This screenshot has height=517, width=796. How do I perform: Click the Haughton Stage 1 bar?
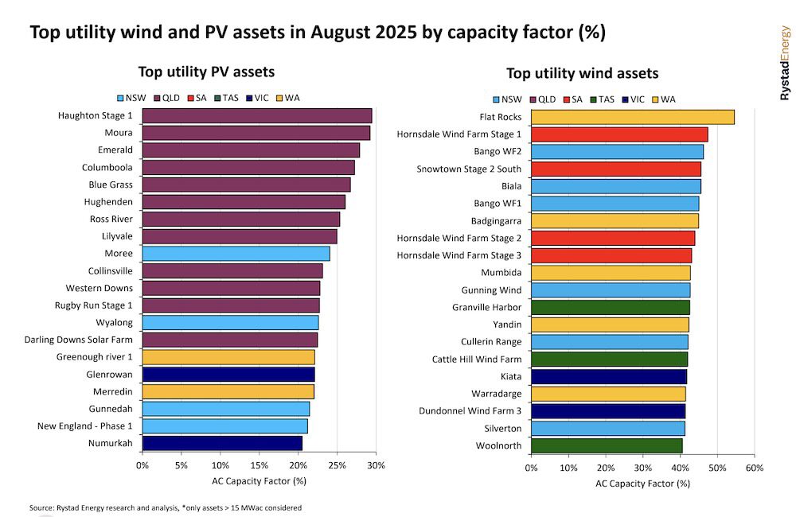(256, 115)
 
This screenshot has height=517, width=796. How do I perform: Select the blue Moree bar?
(236, 254)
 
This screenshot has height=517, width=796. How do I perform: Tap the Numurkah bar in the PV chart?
(222, 443)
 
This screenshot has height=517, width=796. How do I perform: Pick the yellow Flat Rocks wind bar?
(632, 117)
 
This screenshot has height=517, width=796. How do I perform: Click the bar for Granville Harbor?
(610, 307)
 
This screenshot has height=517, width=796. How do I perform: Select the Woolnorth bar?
(607, 445)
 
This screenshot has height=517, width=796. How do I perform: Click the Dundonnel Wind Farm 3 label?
(470, 410)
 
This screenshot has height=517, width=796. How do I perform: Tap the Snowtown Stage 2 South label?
(469, 169)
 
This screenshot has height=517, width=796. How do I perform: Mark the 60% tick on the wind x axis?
(754, 468)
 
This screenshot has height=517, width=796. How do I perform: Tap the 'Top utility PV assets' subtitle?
(206, 72)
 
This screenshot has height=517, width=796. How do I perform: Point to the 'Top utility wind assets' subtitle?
(582, 73)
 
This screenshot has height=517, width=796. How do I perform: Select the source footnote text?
(166, 507)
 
